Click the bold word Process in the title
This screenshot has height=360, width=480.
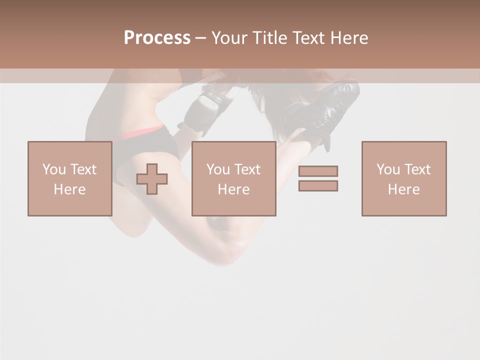tap(157, 37)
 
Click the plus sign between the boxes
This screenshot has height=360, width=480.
tap(152, 179)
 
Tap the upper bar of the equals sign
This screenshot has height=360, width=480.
tap(318, 171)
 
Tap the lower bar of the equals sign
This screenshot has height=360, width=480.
tap(318, 185)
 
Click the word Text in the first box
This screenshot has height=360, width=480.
tap(83, 169)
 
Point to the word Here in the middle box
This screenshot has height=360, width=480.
tap(233, 189)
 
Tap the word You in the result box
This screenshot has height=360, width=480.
tap(388, 169)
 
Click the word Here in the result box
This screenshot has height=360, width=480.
tap(403, 189)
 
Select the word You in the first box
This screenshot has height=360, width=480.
tap(54, 169)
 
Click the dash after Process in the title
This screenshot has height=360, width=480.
tap(201, 38)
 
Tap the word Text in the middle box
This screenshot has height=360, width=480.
tap(247, 169)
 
